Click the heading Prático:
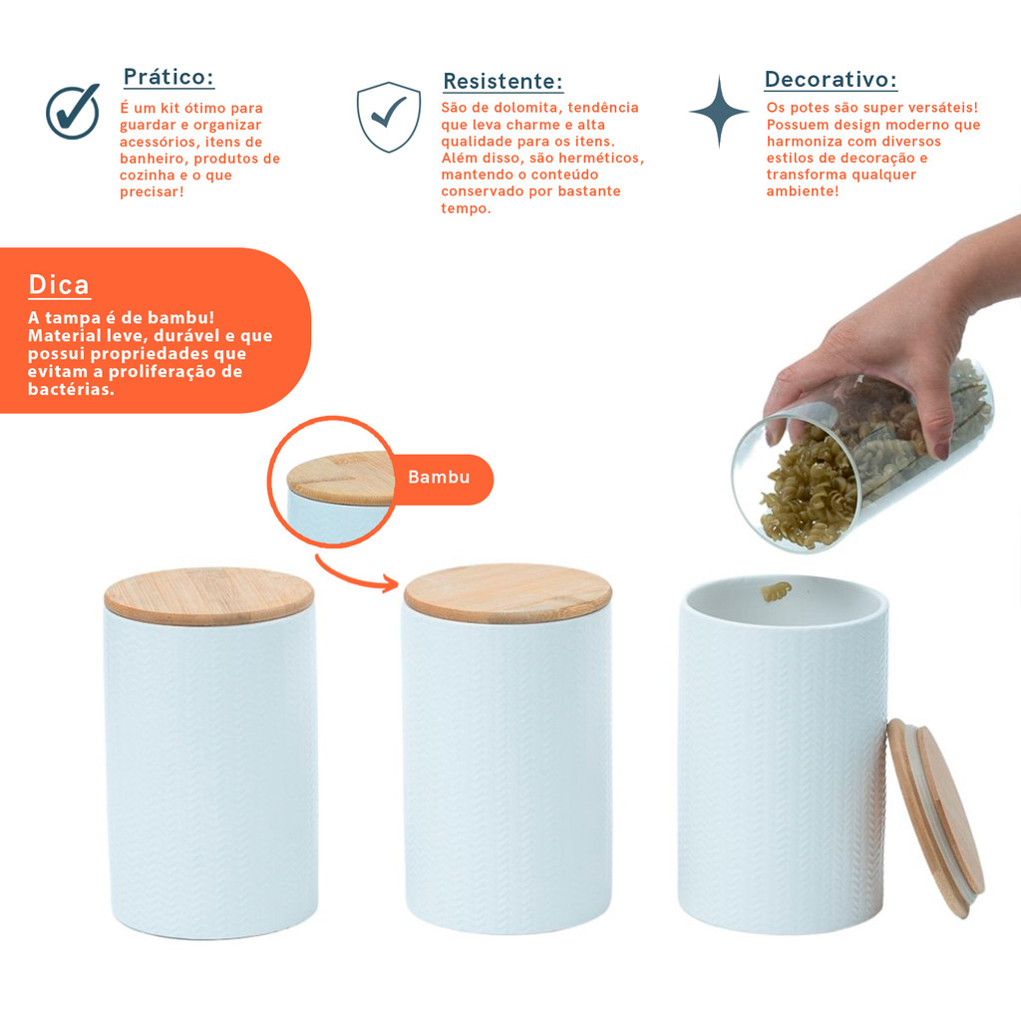(169, 77)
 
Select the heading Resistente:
(503, 82)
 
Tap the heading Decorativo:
(831, 80)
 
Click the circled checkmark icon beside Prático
(73, 112)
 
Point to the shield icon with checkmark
(389, 117)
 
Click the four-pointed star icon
(719, 112)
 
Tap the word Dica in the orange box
(59, 285)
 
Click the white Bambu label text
(439, 478)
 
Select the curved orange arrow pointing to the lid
(356, 575)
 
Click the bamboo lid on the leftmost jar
(209, 596)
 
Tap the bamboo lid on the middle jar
(508, 593)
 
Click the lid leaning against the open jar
(935, 818)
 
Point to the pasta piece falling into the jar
(776, 591)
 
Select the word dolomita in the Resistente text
(526, 108)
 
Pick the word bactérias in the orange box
(71, 390)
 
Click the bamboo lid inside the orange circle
(341, 479)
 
